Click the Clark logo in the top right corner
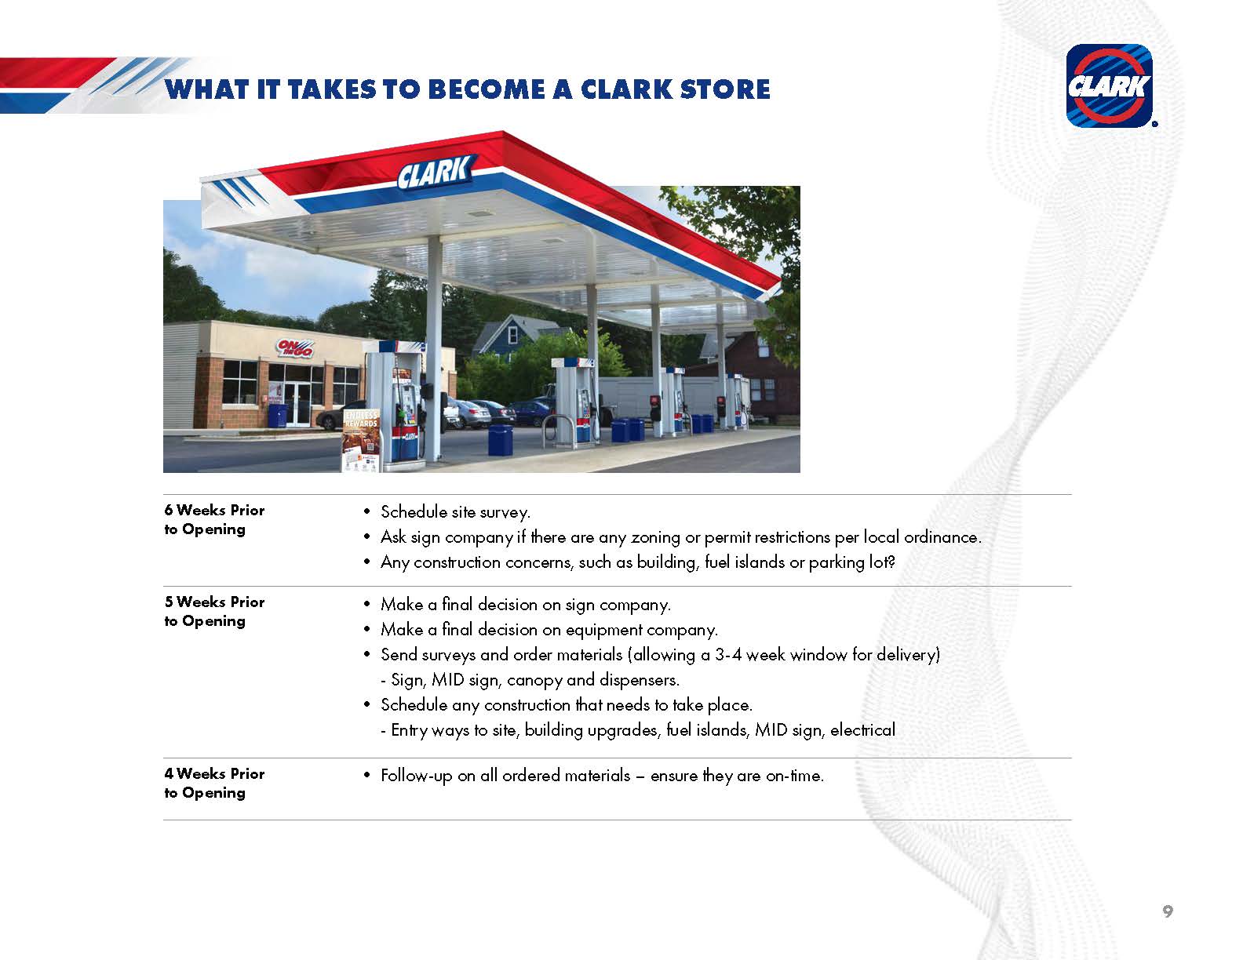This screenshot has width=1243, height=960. point(1109,85)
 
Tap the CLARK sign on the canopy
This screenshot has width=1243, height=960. point(436,172)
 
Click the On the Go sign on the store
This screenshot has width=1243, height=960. point(294,348)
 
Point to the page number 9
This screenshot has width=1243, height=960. point(1168,911)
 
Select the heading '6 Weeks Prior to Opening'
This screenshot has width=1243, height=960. point(214,519)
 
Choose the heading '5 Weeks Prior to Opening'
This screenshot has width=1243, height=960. point(214,611)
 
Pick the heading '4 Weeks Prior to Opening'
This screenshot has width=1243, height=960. point(214,783)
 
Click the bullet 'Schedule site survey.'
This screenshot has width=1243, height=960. point(455,511)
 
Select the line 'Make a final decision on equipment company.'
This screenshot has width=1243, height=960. point(549,630)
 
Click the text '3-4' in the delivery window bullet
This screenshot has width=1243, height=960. point(727,655)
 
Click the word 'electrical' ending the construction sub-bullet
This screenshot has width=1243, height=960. point(862,730)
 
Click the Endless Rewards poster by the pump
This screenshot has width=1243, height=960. point(362,440)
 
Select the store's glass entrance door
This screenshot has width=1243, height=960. point(297,404)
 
